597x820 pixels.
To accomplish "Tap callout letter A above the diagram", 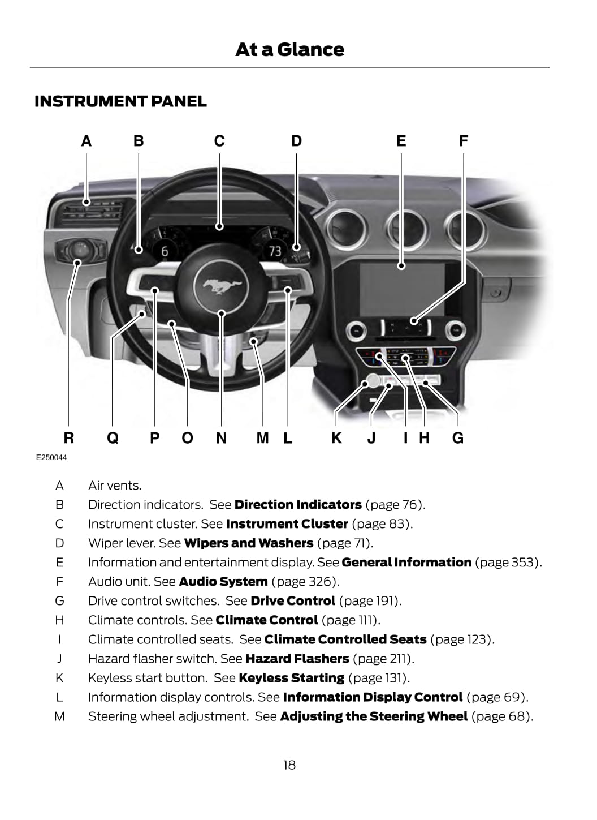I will [x=86, y=141].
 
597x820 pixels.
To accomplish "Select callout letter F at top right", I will [x=464, y=141].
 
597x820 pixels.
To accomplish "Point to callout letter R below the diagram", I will [x=68, y=438].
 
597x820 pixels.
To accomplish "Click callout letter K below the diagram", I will [x=336, y=438].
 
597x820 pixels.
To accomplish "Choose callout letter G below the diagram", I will [x=458, y=438].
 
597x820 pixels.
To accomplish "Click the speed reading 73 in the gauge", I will [x=275, y=251].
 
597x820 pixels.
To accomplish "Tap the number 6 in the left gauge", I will [x=165, y=251].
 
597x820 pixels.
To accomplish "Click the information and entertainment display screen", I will [x=403, y=289].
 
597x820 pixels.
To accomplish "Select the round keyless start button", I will [x=373, y=380].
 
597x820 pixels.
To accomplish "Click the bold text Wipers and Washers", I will [x=249, y=543].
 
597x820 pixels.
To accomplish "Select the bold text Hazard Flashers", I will [x=297, y=659].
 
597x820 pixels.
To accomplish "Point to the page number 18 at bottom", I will [x=289, y=765].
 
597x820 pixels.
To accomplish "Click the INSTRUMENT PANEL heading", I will [x=120, y=101].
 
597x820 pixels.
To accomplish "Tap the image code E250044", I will [x=51, y=457].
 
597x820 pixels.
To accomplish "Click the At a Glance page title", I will [x=289, y=50].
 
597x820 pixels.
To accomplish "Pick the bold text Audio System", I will [x=223, y=582].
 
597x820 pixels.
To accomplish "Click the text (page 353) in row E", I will [x=508, y=563].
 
